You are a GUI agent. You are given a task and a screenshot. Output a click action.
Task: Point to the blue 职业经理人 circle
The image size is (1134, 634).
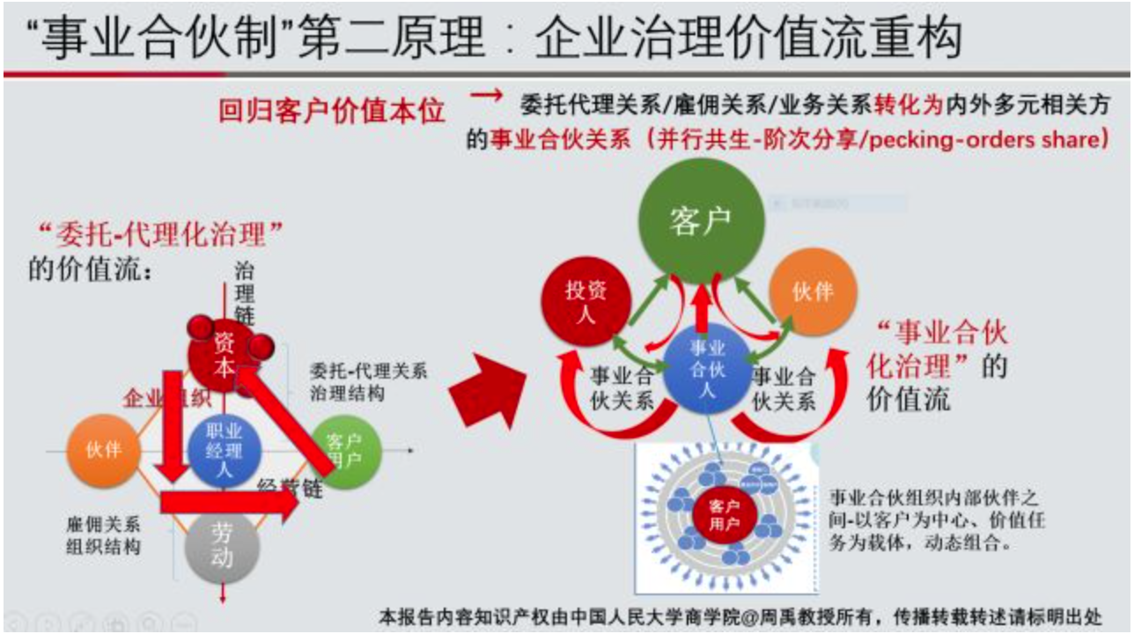[x=225, y=450]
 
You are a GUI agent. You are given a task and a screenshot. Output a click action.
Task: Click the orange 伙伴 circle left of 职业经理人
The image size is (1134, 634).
[x=104, y=450]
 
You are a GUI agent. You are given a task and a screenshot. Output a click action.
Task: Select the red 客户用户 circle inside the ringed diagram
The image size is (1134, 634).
[x=724, y=514]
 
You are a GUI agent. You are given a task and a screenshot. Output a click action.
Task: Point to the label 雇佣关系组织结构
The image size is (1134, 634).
[x=103, y=534]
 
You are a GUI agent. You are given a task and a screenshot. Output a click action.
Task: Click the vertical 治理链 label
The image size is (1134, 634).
[x=244, y=291]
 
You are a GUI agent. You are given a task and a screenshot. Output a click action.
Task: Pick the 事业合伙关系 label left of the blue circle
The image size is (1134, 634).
[x=622, y=388]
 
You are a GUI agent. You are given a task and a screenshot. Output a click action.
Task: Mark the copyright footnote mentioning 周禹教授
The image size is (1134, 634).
[x=740, y=616]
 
